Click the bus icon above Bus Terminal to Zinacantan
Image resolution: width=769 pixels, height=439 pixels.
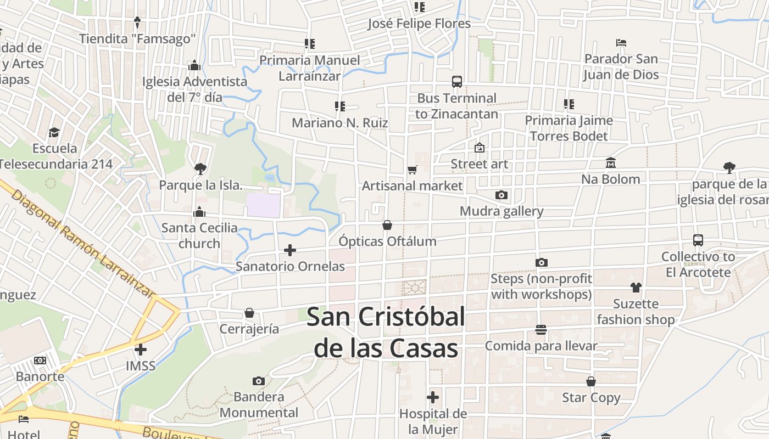456,82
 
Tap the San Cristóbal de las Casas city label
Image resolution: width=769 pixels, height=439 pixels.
386,333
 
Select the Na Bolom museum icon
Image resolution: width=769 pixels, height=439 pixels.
611,163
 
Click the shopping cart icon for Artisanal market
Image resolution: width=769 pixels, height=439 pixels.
413,170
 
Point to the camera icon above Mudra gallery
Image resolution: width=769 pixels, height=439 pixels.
501,195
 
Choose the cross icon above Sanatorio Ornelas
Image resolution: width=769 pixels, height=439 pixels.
290,250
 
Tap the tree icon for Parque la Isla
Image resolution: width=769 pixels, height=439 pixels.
200,168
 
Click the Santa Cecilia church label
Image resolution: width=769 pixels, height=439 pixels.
199,235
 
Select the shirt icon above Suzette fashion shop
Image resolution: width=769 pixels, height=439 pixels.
636,287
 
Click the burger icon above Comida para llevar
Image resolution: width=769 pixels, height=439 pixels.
541,329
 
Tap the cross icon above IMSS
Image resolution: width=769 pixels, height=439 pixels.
141,349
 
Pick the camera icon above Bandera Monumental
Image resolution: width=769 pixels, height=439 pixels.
259,381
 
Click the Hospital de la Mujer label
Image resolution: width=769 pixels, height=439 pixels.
433,421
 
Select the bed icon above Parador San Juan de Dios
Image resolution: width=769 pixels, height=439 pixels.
621,42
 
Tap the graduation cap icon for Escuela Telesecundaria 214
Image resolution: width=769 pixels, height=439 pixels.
54,132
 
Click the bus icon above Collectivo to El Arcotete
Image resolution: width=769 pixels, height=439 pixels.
698,240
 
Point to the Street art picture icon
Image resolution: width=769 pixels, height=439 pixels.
480,148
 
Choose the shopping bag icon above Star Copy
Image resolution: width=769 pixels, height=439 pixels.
591,381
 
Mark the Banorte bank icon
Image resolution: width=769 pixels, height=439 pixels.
40,361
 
